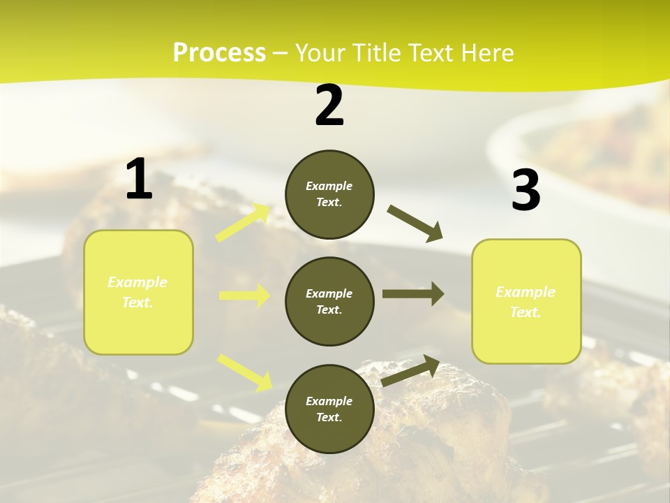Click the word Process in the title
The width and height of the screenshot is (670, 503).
pyautogui.click(x=219, y=53)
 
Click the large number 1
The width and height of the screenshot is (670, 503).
pyautogui.click(x=139, y=179)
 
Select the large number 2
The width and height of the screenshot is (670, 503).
pyautogui.click(x=329, y=106)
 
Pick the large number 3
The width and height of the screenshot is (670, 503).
pyautogui.click(x=526, y=190)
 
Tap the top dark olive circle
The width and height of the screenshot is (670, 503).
pyautogui.click(x=329, y=194)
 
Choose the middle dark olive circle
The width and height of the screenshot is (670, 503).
pyautogui.click(x=329, y=301)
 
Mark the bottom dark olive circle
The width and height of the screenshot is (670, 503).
pyautogui.click(x=329, y=409)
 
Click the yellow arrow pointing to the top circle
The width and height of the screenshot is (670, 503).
pyautogui.click(x=243, y=223)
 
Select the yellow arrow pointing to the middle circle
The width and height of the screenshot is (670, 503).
pyautogui.click(x=244, y=296)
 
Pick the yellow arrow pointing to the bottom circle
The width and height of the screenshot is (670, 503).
pyautogui.click(x=245, y=372)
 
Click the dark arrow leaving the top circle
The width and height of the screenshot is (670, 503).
pyautogui.click(x=415, y=224)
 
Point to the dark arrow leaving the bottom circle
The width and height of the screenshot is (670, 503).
pyautogui.click(x=410, y=370)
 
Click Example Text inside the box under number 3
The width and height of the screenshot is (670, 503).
pyautogui.click(x=526, y=302)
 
